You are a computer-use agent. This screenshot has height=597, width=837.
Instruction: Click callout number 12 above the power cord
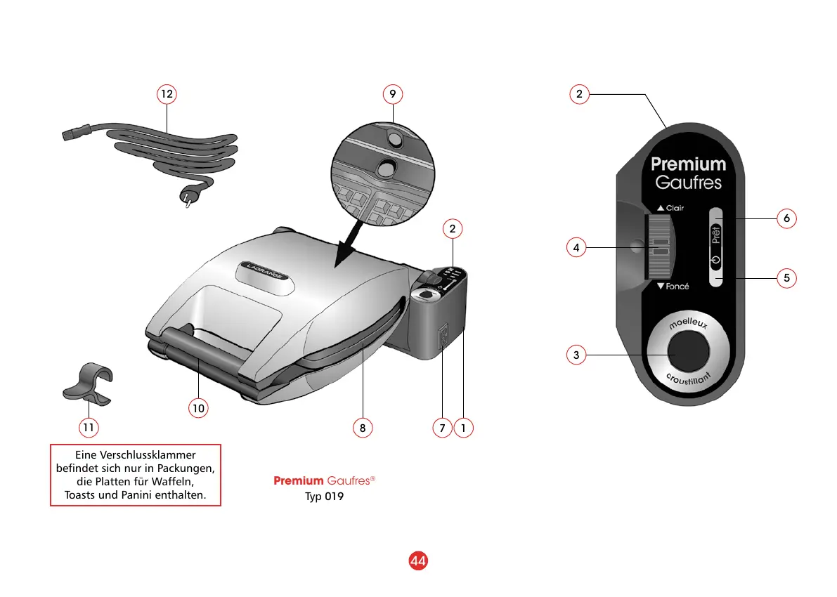click(x=166, y=94)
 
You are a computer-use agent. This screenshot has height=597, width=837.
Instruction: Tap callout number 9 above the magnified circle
click(x=393, y=94)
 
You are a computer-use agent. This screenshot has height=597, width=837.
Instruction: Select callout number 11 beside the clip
click(x=88, y=426)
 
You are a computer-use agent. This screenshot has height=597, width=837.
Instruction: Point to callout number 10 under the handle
click(x=199, y=407)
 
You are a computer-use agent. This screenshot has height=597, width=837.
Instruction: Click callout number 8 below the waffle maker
click(x=363, y=427)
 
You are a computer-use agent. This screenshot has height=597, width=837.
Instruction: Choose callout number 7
click(x=441, y=427)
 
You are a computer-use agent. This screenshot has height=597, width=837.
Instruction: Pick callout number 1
click(x=464, y=427)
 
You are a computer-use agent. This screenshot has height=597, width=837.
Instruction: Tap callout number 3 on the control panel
click(x=576, y=355)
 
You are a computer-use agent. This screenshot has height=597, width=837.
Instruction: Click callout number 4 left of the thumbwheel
click(x=576, y=247)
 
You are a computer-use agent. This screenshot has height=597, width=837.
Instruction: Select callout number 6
click(x=786, y=218)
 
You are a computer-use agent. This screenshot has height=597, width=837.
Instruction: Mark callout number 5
click(x=786, y=278)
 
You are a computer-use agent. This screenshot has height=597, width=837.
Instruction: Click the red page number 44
click(x=418, y=561)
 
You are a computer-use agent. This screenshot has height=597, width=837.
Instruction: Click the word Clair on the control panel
click(x=675, y=208)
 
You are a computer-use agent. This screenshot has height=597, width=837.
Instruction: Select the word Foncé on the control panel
click(x=677, y=287)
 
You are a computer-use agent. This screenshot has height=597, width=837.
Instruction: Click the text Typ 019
click(x=324, y=497)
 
